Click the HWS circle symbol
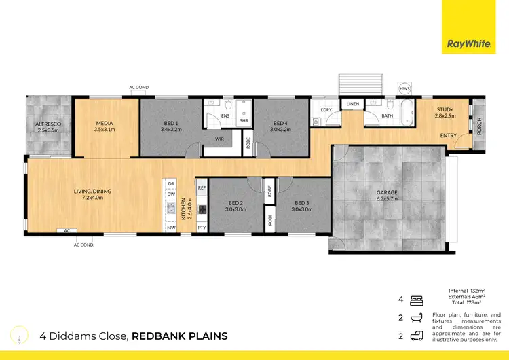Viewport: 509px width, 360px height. pos(404,89)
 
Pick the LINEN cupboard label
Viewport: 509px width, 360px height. pos(352,104)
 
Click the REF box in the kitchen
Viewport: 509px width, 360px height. pos(202,187)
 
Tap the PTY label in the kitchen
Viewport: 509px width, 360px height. pos(202,227)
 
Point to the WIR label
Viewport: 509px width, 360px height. pos(219,139)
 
